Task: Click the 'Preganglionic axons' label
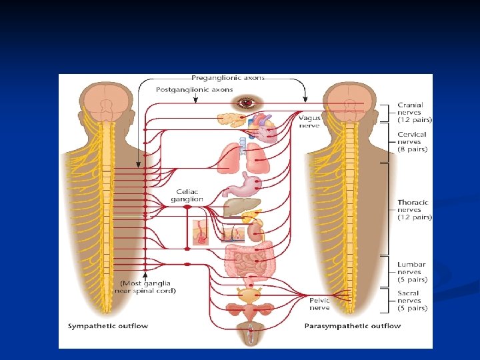[x=228, y=78]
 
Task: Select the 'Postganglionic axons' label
[x=194, y=89]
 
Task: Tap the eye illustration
[x=247, y=103]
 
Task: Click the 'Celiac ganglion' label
[x=186, y=195]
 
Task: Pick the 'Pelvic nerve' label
[x=319, y=304]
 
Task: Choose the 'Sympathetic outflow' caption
[x=108, y=326]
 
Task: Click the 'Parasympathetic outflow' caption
[x=353, y=326]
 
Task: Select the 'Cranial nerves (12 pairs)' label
[x=414, y=113]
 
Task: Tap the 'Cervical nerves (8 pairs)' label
[x=413, y=142]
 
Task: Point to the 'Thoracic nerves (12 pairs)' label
[x=414, y=209]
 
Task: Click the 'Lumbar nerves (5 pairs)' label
[x=413, y=272]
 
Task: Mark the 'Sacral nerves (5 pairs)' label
[x=413, y=301]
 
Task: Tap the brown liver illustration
[x=237, y=207]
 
